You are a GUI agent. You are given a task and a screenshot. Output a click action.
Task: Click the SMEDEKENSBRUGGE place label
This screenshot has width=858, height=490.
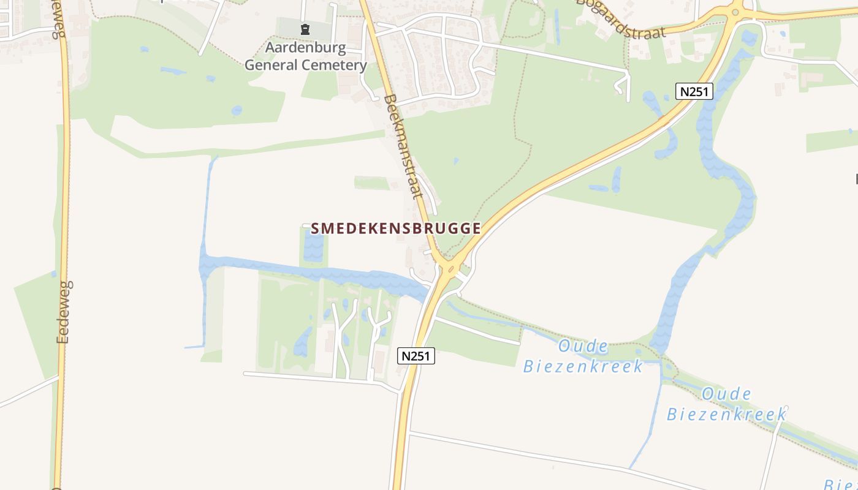pyautogui.click(x=395, y=228)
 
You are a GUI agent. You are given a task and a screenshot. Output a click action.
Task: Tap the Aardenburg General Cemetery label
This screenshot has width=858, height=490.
pyautogui.click(x=306, y=56)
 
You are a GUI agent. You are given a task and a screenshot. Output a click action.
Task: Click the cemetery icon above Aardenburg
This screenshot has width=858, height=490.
pyautogui.click(x=305, y=29)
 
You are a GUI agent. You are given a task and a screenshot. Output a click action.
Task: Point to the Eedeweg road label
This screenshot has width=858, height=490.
pyautogui.click(x=64, y=312)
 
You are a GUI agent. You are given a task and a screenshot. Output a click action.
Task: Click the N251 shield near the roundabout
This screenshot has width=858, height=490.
pyautogui.click(x=694, y=91)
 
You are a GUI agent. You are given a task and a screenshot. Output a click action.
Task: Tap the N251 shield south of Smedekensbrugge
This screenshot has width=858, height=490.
pyautogui.click(x=416, y=356)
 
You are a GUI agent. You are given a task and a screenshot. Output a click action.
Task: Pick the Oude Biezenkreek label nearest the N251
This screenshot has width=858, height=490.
pyautogui.click(x=583, y=356)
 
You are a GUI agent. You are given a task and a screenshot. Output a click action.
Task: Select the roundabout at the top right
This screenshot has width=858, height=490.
pyautogui.click(x=735, y=10)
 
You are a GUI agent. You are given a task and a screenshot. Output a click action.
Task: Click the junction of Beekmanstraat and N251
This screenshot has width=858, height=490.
pyautogui.click(x=449, y=268)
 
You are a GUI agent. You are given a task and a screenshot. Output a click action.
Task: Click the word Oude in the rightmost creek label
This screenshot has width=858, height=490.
pyautogui.click(x=727, y=393)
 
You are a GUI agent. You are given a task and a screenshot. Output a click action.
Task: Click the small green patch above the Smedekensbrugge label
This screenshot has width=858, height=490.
pyautogui.click(x=372, y=183)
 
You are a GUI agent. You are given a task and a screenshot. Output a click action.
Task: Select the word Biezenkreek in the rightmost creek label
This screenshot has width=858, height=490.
pyautogui.click(x=726, y=414)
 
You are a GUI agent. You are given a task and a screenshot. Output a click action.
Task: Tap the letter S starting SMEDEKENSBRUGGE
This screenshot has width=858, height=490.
pyautogui.click(x=316, y=228)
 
